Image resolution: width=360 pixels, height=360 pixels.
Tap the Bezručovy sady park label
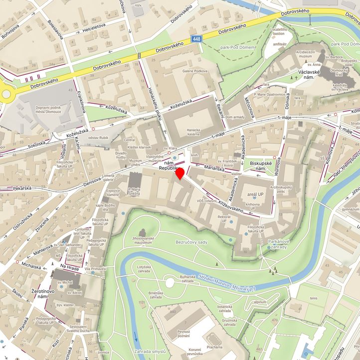pos(191,242)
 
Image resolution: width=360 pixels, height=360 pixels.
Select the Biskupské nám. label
pos(263,166)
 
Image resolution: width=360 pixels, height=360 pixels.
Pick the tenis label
pos(313,298)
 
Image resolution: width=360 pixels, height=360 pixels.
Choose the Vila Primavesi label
pos(95,269)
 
